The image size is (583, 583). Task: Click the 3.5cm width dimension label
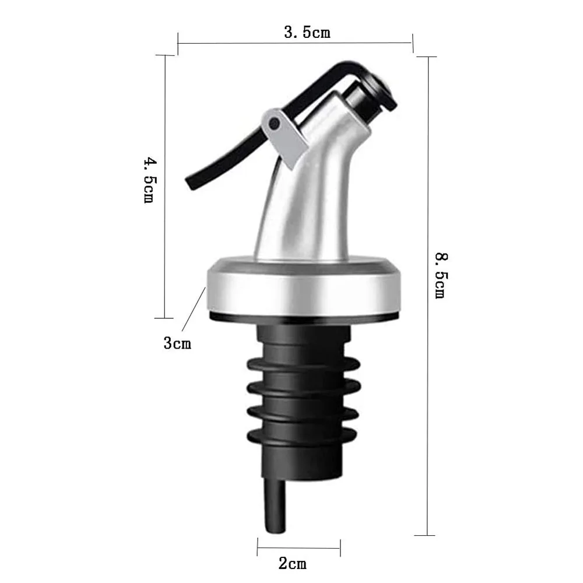coord(307,32)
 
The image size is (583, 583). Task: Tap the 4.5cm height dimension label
coord(149,179)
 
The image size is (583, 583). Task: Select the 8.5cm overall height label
coord(440,274)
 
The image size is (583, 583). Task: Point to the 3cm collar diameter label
coord(177,343)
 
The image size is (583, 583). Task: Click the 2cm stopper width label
coord(292,563)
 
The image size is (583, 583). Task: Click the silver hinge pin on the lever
coord(273,122)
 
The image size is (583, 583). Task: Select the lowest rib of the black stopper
coord(303,436)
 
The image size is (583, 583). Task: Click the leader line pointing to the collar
coord(194,311)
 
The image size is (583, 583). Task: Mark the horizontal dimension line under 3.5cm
coord(295,43)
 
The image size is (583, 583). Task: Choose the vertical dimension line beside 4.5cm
coord(164,187)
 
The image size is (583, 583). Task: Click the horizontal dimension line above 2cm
coord(298,547)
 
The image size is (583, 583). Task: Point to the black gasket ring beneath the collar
coord(303,317)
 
